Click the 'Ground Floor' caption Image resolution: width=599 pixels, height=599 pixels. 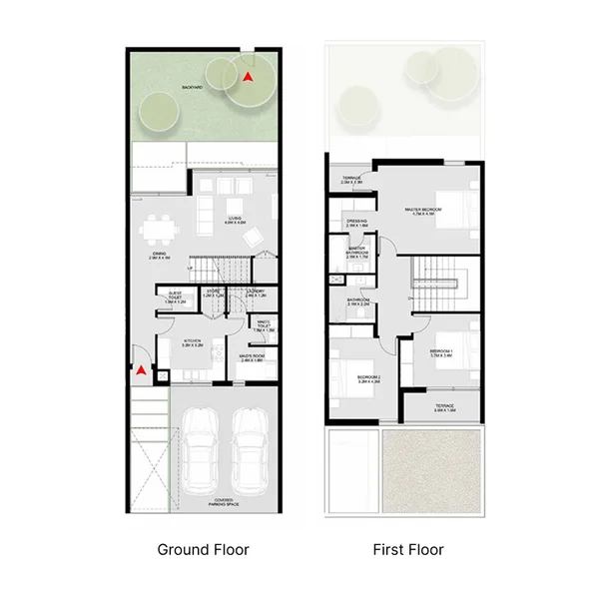(203, 549)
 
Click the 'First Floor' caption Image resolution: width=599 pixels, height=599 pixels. (408, 549)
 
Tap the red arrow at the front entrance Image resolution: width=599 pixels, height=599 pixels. (142, 370)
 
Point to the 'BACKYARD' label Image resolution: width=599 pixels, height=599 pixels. (193, 89)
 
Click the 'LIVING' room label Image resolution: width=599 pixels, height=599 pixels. (236, 219)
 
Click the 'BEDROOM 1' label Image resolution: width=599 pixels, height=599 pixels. (441, 353)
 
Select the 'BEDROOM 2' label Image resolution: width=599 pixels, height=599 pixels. (369, 377)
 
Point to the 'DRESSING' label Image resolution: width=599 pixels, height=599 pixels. (357, 223)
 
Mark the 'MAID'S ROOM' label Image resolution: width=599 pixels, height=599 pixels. (252, 357)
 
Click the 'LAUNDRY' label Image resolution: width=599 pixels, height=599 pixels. (255, 294)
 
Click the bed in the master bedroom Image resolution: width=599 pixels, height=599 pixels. (451, 210)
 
